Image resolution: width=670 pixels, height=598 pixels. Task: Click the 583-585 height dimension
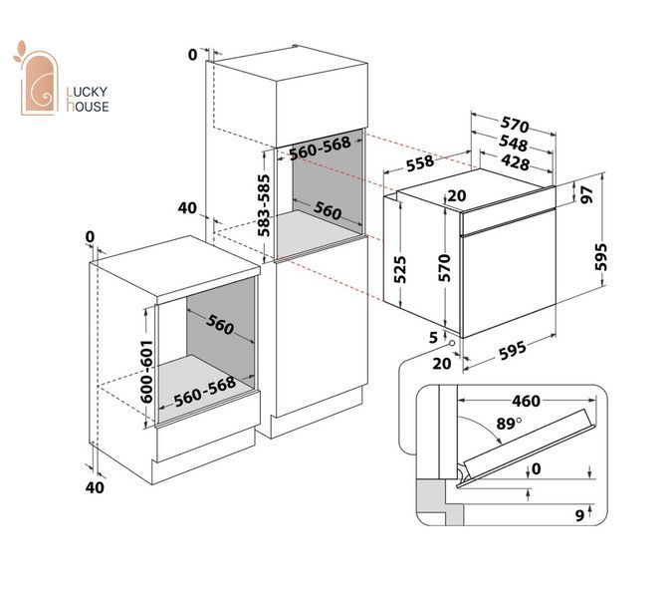(x=264, y=205)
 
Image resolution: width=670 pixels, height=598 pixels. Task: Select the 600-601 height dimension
(x=146, y=372)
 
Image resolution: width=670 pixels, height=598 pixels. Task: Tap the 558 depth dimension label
(x=420, y=163)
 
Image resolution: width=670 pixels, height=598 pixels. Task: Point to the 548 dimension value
(x=513, y=144)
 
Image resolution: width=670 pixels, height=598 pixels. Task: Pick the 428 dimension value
(x=516, y=162)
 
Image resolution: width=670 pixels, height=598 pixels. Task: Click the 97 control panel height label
(x=587, y=194)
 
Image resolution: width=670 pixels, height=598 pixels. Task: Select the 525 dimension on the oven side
(x=399, y=269)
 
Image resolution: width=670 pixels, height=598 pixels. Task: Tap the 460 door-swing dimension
(x=526, y=401)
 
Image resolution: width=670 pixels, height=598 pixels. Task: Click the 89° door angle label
(x=509, y=424)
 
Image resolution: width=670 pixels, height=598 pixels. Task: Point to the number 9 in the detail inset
(x=579, y=515)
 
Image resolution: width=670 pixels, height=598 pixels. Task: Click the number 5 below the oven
(x=433, y=338)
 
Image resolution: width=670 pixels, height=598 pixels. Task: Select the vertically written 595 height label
(x=600, y=257)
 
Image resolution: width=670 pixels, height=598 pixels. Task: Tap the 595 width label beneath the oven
(x=513, y=350)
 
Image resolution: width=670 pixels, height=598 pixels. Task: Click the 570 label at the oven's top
(x=515, y=125)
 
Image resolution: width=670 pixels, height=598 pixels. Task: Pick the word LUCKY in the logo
(x=87, y=92)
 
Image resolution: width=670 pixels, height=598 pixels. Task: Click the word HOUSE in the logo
(x=88, y=106)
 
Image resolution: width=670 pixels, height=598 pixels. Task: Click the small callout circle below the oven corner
(x=451, y=343)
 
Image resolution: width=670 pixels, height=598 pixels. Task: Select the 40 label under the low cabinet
(x=95, y=487)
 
